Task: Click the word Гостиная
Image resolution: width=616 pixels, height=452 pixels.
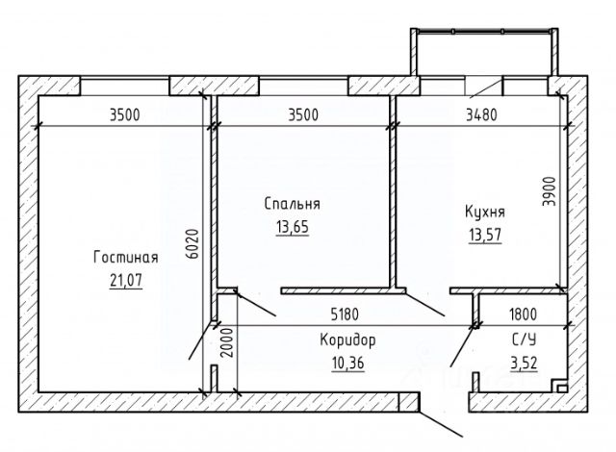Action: pos(125,257)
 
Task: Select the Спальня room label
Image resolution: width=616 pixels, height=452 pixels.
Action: pos(293,204)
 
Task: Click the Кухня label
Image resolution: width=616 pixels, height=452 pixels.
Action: pos(484,211)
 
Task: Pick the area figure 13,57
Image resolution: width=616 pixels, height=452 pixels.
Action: pos(484,234)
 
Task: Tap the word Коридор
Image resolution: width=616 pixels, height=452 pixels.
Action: pos(347,340)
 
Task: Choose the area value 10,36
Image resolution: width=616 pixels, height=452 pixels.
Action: pos(347,364)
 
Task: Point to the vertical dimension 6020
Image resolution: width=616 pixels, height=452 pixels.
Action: pos(192,247)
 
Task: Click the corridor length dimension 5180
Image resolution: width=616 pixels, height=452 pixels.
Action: pos(346,314)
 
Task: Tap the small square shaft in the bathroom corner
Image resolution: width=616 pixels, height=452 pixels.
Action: pos(557,387)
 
